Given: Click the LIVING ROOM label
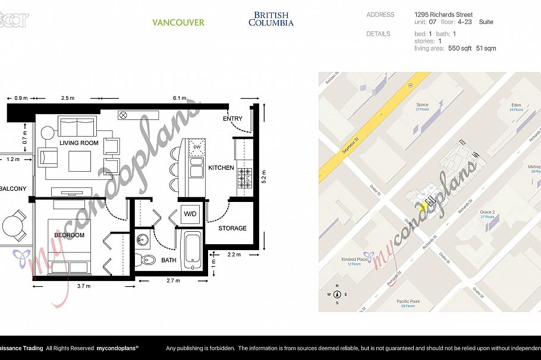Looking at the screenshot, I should pos(78,143).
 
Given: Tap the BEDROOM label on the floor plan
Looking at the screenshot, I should pos(69,235).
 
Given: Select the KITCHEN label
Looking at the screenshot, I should pos(221,168).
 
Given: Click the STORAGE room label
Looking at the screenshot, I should pos(232,228).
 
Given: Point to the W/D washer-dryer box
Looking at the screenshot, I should pos(190,214).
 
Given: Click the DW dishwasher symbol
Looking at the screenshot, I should pos(196,147).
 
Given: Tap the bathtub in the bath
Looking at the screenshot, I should pos(191,248).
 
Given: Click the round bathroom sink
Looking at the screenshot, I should pos(142,240).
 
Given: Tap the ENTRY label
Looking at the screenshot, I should pos(232,119).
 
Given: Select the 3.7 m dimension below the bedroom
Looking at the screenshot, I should pos(84,286).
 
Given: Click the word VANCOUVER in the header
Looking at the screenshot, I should pos(178,23).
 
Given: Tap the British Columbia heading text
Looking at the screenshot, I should pos(270,19).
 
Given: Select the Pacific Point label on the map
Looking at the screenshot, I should pos(409,302).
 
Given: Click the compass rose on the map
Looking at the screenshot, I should pos(337,294).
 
